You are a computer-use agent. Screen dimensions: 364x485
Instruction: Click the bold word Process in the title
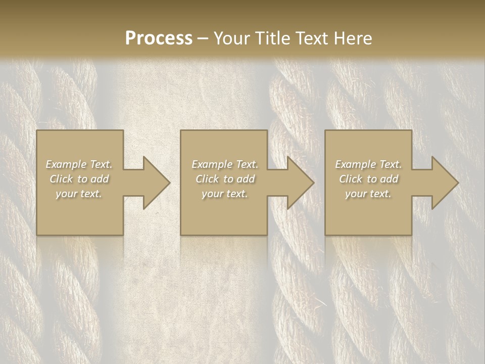[x=159, y=38]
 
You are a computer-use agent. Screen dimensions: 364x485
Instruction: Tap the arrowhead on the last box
[x=445, y=183]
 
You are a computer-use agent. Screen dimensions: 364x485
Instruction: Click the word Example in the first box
[x=66, y=164]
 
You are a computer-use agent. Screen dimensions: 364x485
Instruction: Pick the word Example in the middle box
[x=212, y=164]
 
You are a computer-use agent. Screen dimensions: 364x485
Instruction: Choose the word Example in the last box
[x=355, y=164]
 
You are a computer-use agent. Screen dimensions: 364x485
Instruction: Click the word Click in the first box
[x=61, y=179]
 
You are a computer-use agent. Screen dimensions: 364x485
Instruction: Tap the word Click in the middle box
[x=207, y=179]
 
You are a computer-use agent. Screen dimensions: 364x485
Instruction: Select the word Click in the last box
[x=350, y=179]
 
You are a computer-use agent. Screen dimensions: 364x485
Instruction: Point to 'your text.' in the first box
[x=79, y=194]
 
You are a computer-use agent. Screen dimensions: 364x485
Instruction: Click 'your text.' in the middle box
[x=225, y=194]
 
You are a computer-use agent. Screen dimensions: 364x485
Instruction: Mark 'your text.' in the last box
[x=368, y=194]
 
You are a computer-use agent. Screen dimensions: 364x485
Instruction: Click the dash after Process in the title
[x=203, y=38]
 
